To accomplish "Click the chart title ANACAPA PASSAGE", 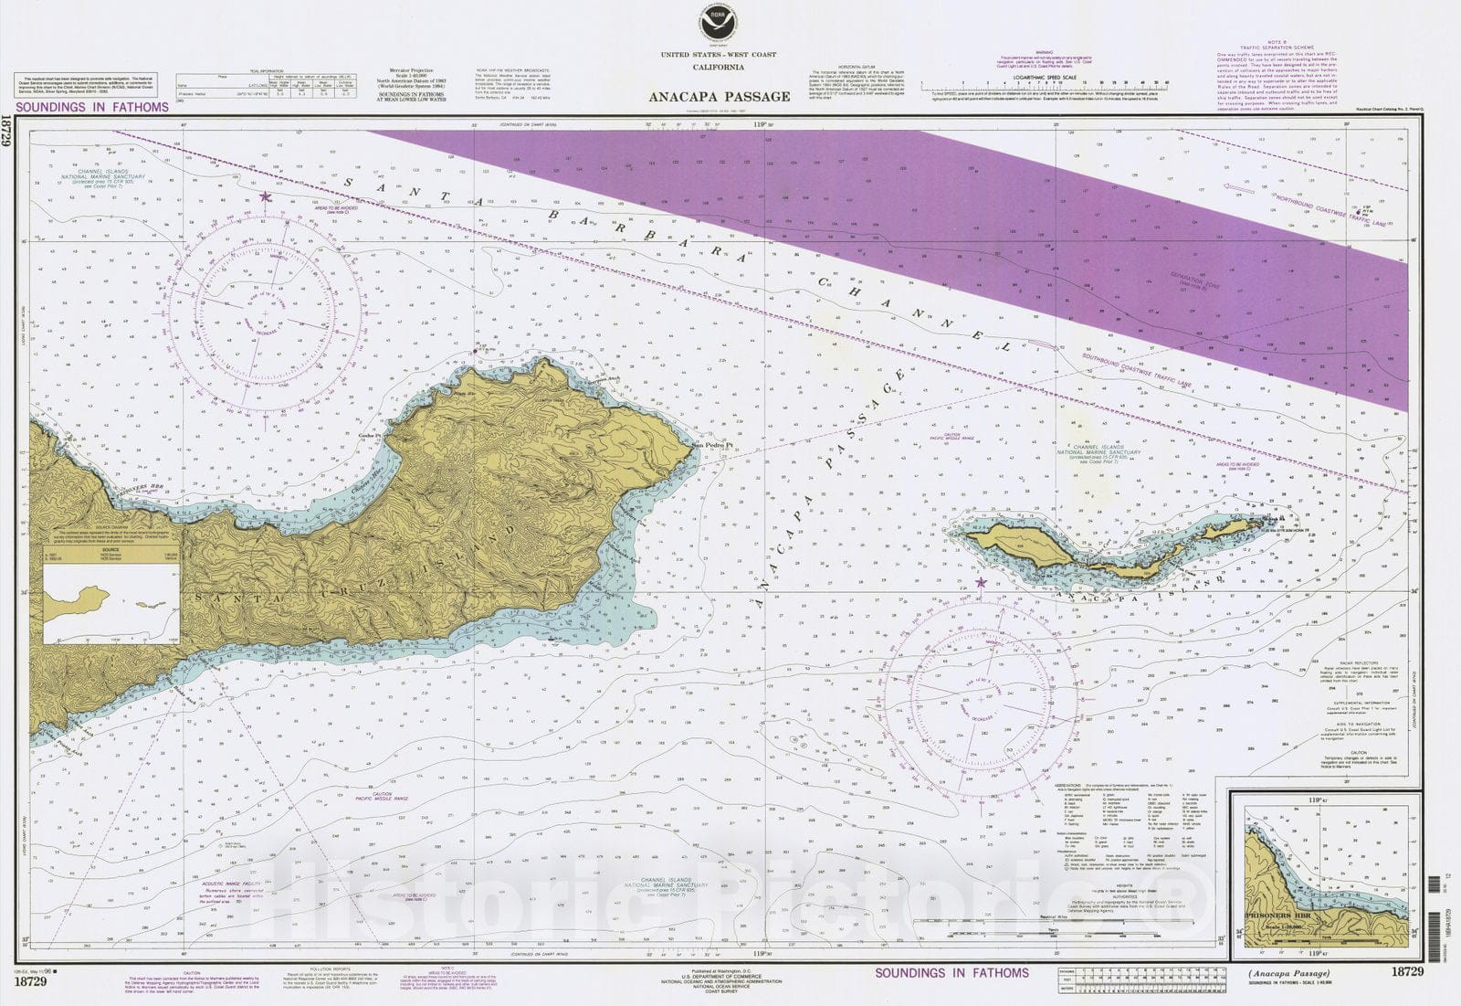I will point(720,96).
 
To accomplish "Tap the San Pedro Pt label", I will point(712,446).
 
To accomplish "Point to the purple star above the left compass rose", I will point(266,196).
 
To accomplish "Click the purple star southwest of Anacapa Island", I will point(982,582).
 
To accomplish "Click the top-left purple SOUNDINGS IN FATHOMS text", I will point(92,107).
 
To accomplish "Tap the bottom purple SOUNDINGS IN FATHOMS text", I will point(951,973).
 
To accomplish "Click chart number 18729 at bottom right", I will point(1407,972).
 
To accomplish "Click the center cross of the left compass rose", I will point(265,314).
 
